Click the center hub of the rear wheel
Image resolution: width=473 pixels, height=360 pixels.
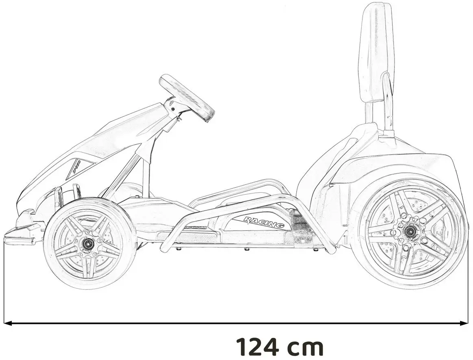coord(408,231)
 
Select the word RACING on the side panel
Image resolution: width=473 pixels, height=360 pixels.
coord(264,222)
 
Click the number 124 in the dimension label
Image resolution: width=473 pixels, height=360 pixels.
coord(258,347)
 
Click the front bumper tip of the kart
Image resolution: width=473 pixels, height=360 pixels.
coord(12,236)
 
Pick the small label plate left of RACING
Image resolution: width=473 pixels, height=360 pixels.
coord(195,228)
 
